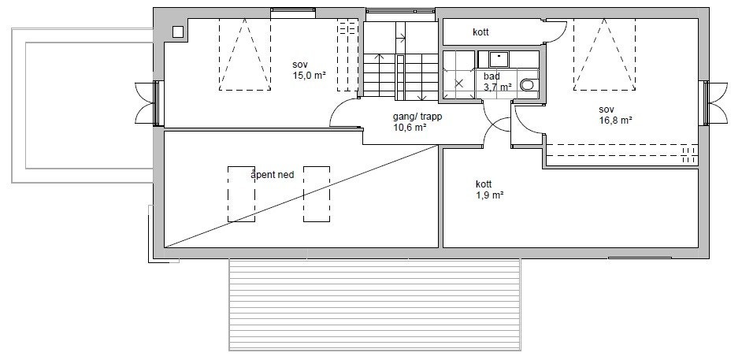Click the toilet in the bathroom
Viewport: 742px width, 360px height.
click(x=527, y=85)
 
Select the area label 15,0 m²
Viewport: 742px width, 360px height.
click(x=309, y=75)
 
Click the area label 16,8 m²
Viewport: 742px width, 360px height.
click(x=616, y=121)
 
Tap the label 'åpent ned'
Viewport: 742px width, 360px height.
click(x=272, y=175)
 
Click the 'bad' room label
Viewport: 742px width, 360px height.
click(x=492, y=76)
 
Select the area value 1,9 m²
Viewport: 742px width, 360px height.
click(x=489, y=195)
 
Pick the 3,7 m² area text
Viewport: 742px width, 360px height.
click(x=497, y=87)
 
